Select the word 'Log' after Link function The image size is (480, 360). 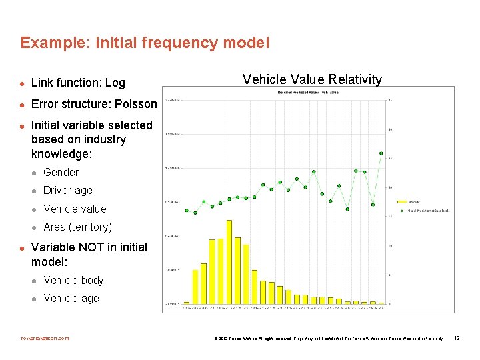[115, 83]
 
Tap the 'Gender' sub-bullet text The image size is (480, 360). [61, 172]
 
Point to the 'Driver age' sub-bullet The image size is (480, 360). [67, 190]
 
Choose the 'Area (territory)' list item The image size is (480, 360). [77, 227]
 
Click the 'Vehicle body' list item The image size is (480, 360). [73, 280]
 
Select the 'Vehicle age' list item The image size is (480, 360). [71, 298]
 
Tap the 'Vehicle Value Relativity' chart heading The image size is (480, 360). [312, 79]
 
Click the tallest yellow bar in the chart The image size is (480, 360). [229, 261]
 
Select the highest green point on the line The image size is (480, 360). [381, 153]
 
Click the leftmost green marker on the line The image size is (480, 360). [187, 211]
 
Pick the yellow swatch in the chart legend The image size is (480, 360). [401, 201]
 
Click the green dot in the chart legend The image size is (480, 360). [401, 211]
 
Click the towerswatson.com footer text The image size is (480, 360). [45, 338]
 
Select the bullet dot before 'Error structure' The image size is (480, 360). [22, 105]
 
